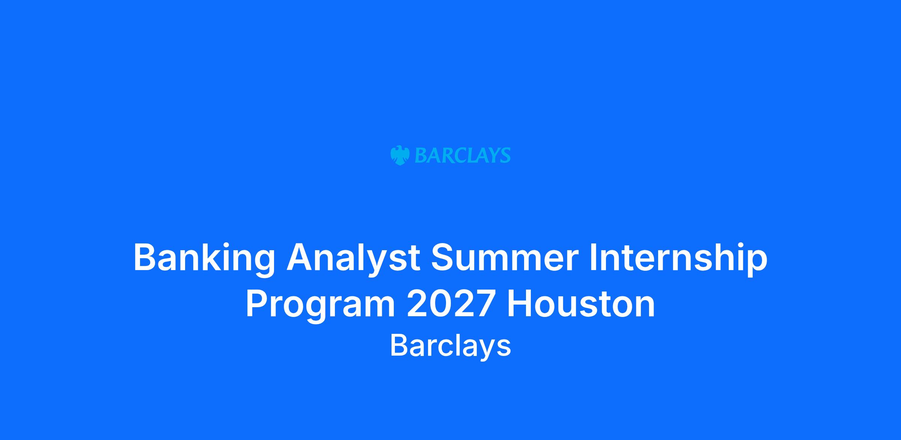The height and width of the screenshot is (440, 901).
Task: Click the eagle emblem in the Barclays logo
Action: pos(400,155)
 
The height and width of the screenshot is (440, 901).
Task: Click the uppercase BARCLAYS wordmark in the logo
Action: pos(463,155)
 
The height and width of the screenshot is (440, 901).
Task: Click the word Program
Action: pos(321,305)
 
